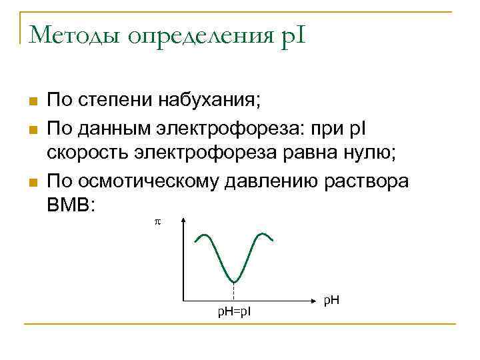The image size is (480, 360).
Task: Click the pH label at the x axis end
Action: (x=331, y=301)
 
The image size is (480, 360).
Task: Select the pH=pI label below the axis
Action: (x=235, y=311)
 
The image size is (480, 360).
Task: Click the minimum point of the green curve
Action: (x=234, y=281)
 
